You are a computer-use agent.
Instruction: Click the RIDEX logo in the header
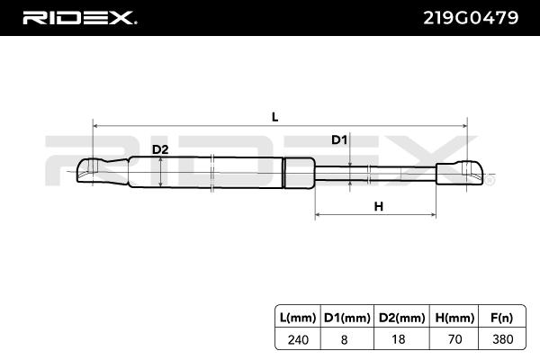[79, 17]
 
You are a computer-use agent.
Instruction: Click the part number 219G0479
[472, 17]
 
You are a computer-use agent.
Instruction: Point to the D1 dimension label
[339, 139]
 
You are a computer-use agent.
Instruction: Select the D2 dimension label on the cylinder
[159, 149]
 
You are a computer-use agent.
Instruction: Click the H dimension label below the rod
[378, 206]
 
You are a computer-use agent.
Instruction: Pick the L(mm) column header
[297, 318]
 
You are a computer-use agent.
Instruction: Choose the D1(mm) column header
[346, 318]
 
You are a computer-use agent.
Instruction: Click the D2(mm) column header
[396, 318]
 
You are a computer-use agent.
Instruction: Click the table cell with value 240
[297, 339]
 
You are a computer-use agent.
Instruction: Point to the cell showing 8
[346, 339]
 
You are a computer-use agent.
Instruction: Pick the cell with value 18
[396, 339]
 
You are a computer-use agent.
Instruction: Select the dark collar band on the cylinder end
[300, 171]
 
